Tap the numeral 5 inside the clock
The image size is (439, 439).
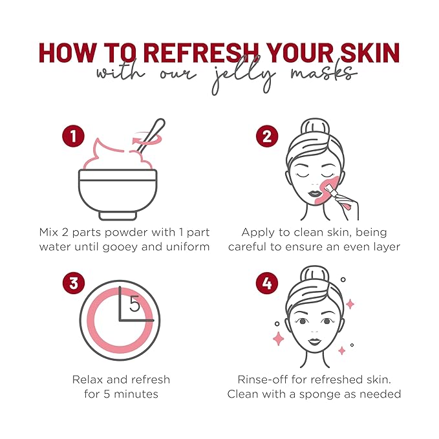(x=134, y=304)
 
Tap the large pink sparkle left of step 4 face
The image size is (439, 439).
(x=279, y=338)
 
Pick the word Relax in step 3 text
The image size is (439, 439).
(x=87, y=380)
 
